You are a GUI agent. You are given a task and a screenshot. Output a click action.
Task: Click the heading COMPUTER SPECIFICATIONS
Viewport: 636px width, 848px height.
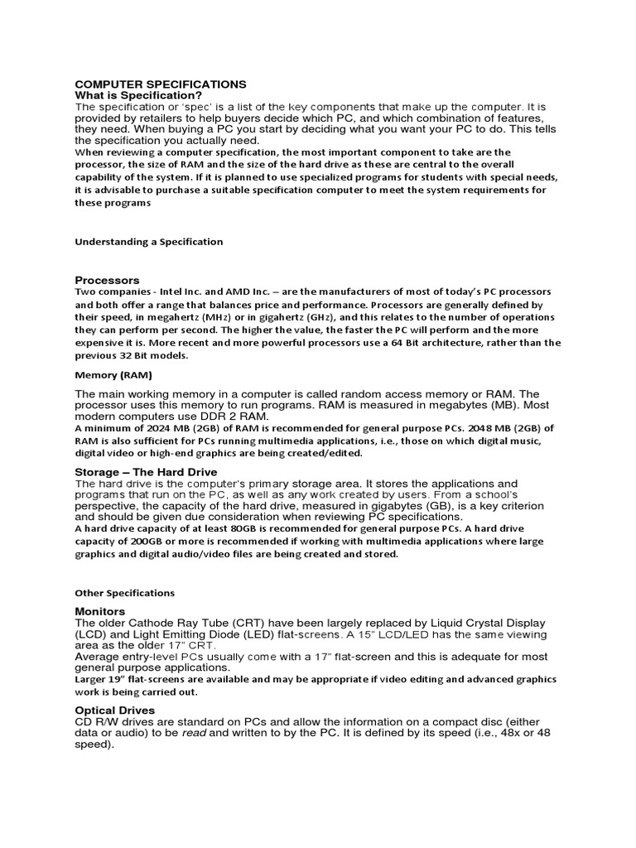pos(161,84)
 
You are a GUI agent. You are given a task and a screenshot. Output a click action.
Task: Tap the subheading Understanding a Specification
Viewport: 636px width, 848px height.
pos(149,242)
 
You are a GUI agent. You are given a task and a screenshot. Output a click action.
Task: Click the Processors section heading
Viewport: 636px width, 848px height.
pos(107,280)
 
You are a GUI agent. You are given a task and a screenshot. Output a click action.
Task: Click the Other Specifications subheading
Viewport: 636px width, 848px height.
pos(124,593)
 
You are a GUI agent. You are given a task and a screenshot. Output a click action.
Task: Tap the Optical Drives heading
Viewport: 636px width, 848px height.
pos(115,710)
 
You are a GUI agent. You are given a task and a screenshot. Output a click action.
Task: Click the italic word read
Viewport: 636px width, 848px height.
pos(211,733)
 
